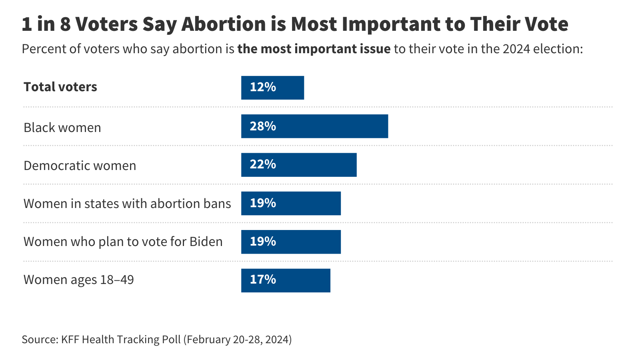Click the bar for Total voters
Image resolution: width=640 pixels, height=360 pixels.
coord(272,88)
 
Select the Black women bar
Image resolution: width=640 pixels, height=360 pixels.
coord(314,126)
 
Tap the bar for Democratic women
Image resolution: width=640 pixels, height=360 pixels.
coord(299,165)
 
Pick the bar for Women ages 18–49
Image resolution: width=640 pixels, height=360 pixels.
coord(286,280)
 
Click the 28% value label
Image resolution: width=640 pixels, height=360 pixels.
coord(263,126)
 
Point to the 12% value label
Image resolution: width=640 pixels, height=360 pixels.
coord(263,87)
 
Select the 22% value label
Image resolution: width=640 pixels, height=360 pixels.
coord(263,164)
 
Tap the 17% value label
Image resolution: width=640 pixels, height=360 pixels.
coord(263,280)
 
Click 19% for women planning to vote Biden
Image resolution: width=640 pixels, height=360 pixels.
coord(263,242)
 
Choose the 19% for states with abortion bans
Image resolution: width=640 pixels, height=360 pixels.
coord(263,203)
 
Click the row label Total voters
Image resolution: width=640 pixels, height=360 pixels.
coord(60,87)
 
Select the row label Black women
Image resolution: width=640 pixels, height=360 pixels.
coord(62,128)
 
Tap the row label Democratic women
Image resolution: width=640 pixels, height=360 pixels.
coord(80,166)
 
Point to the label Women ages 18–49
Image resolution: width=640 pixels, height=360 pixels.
coord(79,280)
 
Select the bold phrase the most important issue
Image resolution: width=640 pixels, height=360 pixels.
coord(314,49)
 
